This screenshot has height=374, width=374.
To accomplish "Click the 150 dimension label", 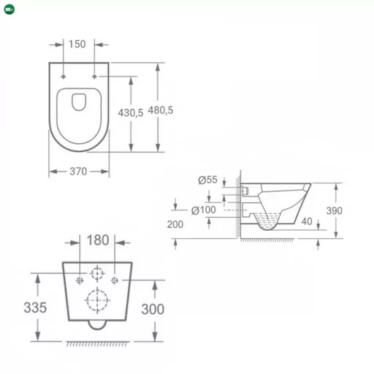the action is [77, 44].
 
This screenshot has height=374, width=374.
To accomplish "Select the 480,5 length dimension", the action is [161, 110].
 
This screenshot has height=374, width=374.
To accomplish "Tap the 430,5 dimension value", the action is [131, 112].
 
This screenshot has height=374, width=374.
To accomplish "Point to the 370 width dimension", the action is [78, 172].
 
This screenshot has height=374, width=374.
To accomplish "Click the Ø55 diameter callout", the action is [207, 180].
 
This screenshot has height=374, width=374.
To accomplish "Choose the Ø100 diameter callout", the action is [204, 210].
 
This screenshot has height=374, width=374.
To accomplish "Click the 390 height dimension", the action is [334, 210].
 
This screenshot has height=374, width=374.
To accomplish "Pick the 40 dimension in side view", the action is [307, 221].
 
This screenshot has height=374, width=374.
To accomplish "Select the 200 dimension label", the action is [175, 224].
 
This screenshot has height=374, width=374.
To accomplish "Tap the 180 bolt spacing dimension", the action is [98, 240].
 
